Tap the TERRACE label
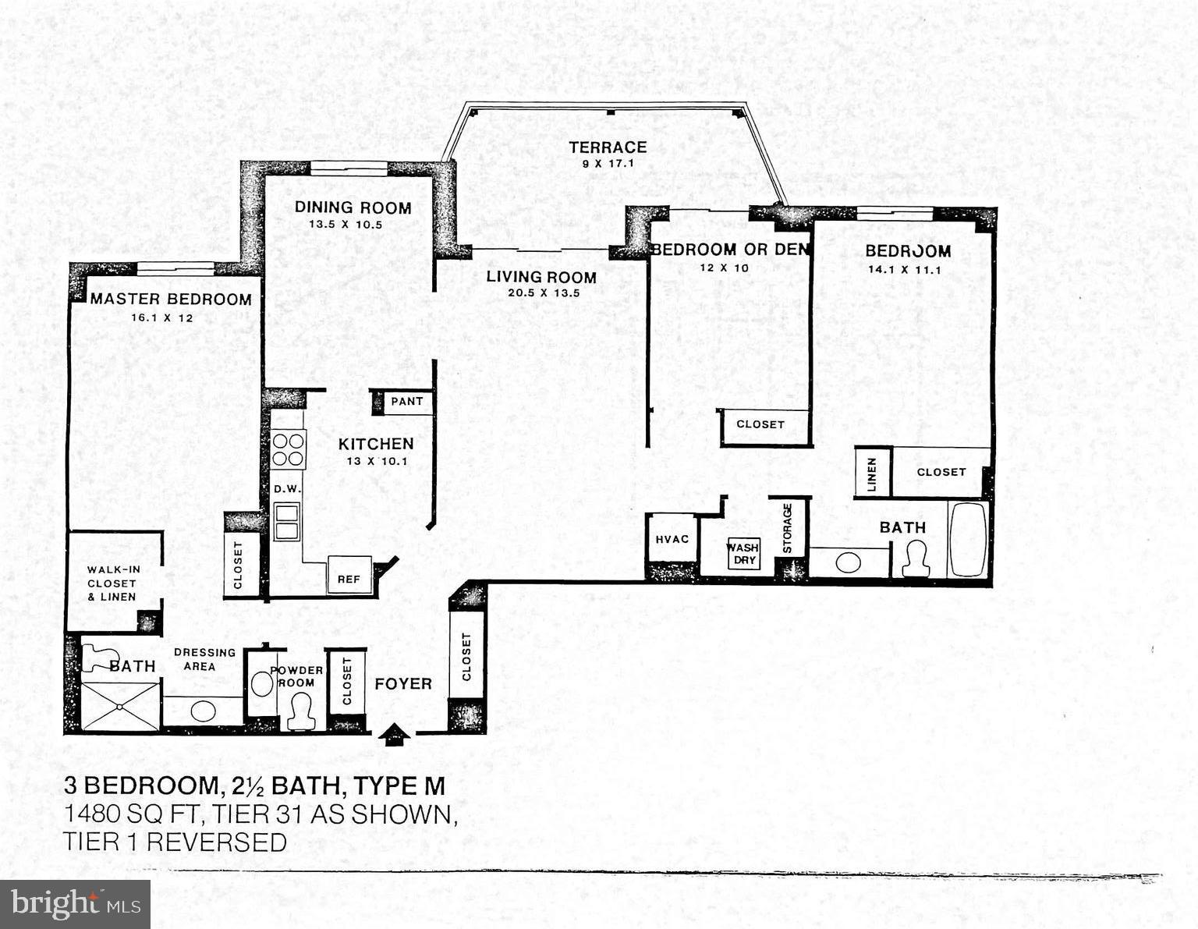tap(608, 147)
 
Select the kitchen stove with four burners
tap(288, 449)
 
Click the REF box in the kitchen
tap(349, 577)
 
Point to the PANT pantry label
tap(407, 402)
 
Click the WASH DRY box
tap(743, 554)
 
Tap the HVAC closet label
tap(672, 539)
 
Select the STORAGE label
tap(788, 528)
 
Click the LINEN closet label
tap(872, 473)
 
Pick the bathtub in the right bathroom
tap(969, 540)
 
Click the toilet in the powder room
tap(299, 712)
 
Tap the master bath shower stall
tap(120, 707)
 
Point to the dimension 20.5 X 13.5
tap(543, 294)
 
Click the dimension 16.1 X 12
tap(162, 318)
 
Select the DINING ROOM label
tap(353, 207)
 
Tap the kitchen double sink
tap(286, 521)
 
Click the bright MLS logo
tap(76, 904)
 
